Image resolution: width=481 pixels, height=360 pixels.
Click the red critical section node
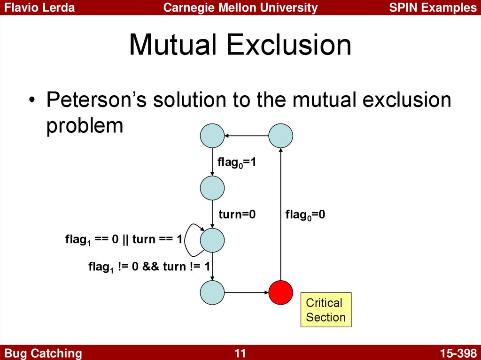[x=281, y=292]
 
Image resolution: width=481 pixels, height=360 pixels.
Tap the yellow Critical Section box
[x=326, y=310]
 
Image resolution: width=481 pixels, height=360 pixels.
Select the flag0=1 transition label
[x=237, y=162]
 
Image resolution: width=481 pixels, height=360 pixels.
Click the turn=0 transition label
[x=237, y=214]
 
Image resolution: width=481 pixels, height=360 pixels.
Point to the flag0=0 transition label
[x=305, y=214]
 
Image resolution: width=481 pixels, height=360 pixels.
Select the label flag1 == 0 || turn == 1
[x=124, y=239]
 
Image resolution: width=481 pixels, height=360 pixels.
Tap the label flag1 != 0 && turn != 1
[x=149, y=267]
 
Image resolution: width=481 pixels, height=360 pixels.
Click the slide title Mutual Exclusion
[x=240, y=45]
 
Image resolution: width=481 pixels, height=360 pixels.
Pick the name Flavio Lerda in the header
[x=39, y=8]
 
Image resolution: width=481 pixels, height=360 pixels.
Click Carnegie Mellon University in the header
[x=240, y=8]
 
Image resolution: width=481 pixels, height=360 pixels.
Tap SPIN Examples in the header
[x=433, y=8]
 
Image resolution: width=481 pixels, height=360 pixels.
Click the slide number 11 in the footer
[x=240, y=353]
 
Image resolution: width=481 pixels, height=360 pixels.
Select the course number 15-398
[x=458, y=353]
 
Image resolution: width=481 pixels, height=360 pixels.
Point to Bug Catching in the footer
[x=43, y=353]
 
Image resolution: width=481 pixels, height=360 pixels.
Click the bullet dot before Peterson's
[x=31, y=100]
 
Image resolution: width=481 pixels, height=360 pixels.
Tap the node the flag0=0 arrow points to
[x=281, y=136]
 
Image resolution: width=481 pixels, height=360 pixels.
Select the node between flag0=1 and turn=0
[x=212, y=188]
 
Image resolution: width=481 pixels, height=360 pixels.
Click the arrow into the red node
[x=247, y=292]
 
